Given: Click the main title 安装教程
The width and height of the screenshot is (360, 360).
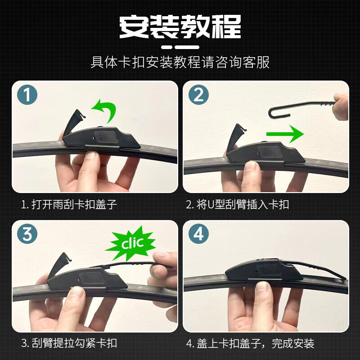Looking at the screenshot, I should point(180,27).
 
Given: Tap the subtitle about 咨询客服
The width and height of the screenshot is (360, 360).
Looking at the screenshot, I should point(180,62).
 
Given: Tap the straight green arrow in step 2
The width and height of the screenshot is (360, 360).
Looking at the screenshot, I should point(283,134).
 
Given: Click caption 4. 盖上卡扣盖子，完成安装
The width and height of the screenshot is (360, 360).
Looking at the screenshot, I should point(250,343).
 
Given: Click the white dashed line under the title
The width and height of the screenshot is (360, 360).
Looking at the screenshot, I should point(180,46).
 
